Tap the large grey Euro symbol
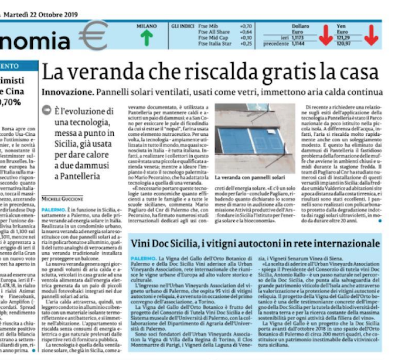tap(93, 37)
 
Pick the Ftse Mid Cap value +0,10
tap(246, 38)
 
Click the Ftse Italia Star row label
tap(216, 43)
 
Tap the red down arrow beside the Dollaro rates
tap(325, 37)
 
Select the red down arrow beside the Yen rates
tap(371, 37)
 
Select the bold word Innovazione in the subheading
tap(65, 92)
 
